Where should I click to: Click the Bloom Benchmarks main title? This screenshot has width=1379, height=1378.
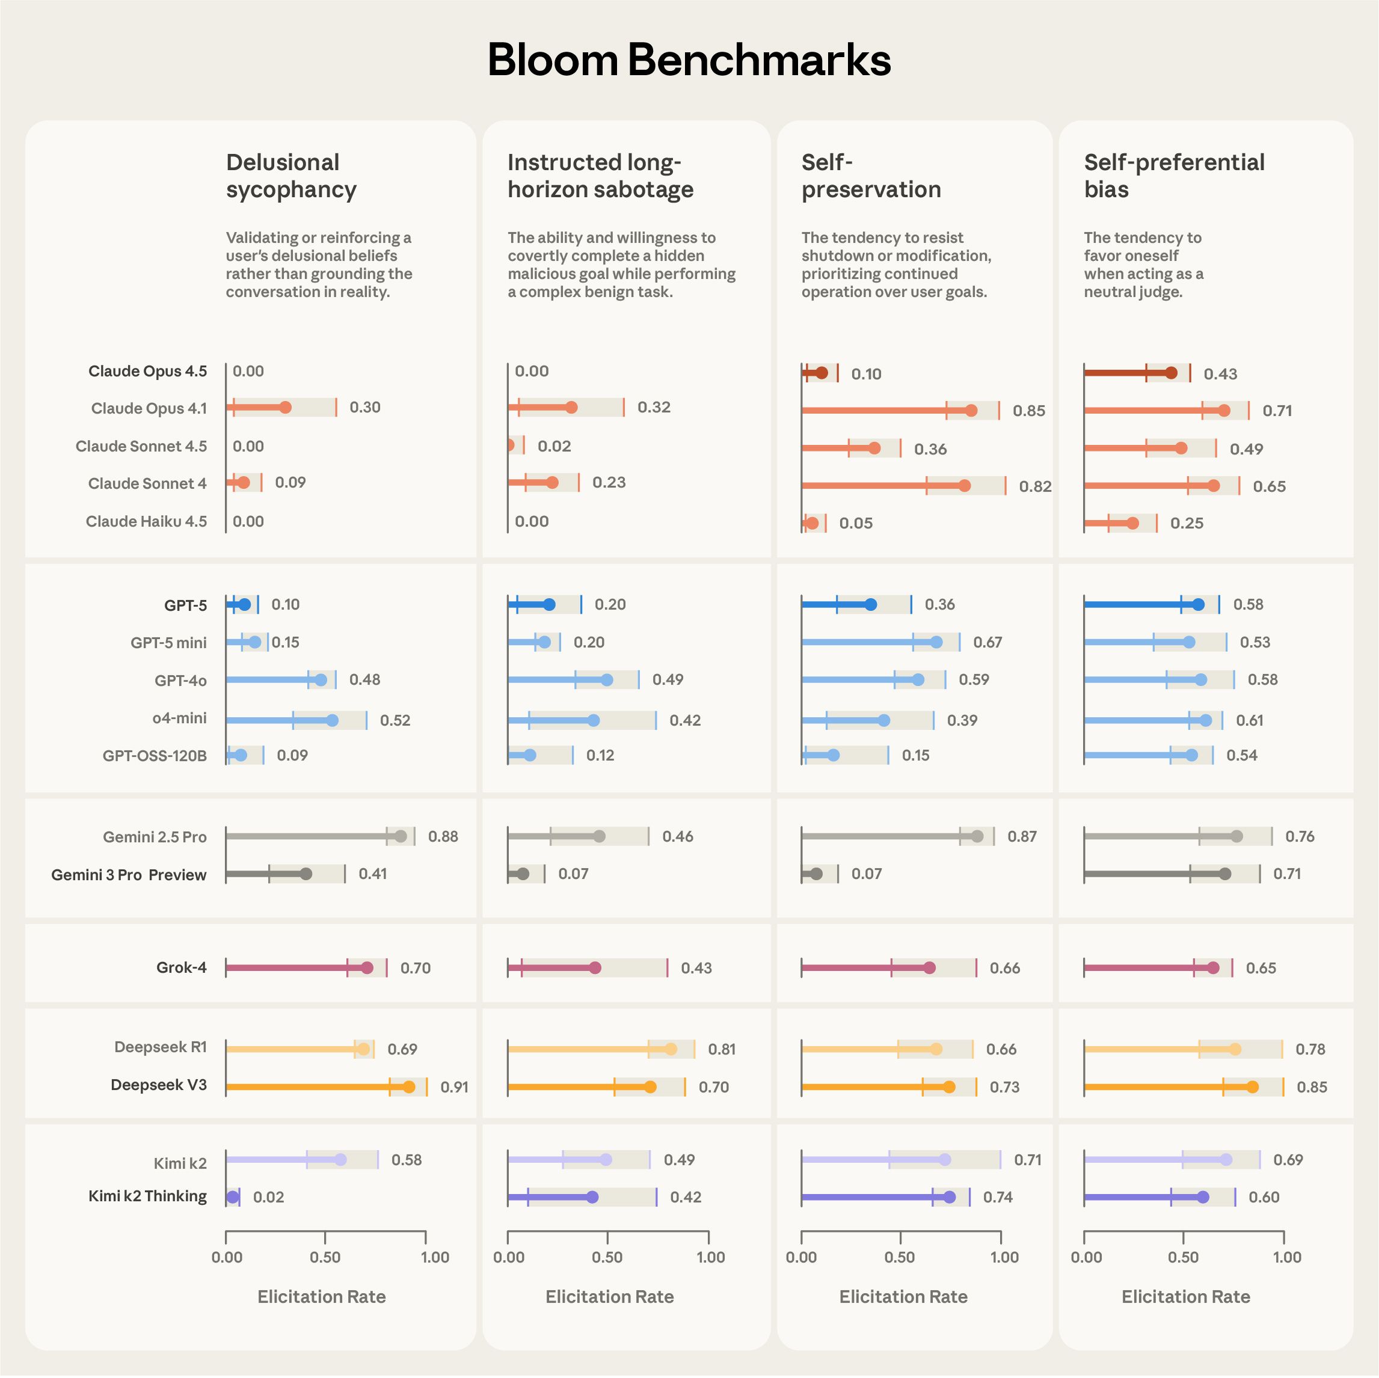pyautogui.click(x=689, y=60)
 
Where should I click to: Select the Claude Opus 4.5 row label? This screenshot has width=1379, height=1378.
pyautogui.click(x=148, y=371)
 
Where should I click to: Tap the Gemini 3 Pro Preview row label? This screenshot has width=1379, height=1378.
pyautogui.click(x=129, y=875)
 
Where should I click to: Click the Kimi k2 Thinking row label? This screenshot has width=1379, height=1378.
pyautogui.click(x=148, y=1196)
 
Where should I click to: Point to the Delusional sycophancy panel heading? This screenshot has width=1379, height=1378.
pyautogui.click(x=291, y=176)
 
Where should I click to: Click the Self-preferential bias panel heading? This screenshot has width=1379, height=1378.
pyautogui.click(x=1173, y=176)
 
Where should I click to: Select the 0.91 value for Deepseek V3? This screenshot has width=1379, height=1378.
pyautogui.click(x=454, y=1087)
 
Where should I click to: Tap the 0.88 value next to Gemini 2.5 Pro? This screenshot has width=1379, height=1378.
pyautogui.click(x=443, y=836)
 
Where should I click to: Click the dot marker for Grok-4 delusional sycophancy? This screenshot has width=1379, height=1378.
pyautogui.click(x=367, y=968)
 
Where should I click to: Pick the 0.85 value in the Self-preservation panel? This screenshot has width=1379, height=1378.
pyautogui.click(x=1028, y=411)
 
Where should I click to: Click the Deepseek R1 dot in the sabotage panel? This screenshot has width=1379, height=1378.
pyautogui.click(x=671, y=1049)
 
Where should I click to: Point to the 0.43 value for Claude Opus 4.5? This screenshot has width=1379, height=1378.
pyautogui.click(x=1220, y=374)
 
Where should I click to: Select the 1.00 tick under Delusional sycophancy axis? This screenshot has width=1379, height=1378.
pyautogui.click(x=435, y=1257)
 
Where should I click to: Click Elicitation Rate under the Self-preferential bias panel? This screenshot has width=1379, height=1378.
pyautogui.click(x=1185, y=1297)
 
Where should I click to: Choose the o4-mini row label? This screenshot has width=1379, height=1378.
pyautogui.click(x=179, y=718)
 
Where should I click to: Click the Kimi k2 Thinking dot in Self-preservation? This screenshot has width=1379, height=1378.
pyautogui.click(x=950, y=1198)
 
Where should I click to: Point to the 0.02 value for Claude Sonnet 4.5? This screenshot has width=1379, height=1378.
pyautogui.click(x=554, y=447)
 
